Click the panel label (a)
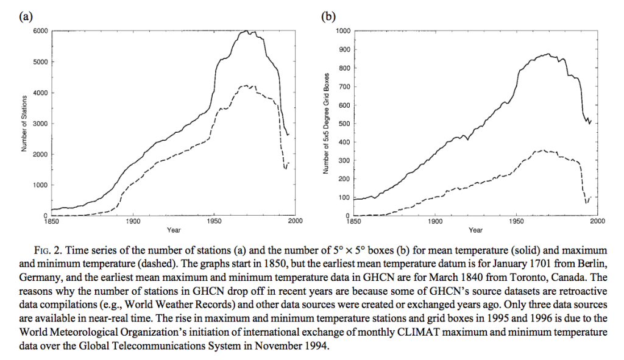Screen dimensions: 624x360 (26, 16)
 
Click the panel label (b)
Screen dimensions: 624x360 (328, 16)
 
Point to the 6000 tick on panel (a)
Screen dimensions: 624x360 (41, 31)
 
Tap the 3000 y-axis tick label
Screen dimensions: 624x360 (41, 123)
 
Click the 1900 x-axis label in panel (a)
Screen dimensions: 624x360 (133, 221)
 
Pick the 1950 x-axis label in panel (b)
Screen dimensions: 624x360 (517, 221)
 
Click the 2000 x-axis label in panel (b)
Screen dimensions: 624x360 (597, 221)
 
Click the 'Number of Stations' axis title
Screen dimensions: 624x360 (24, 123)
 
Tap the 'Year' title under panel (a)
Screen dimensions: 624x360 (174, 230)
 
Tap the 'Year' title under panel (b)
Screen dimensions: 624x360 (475, 230)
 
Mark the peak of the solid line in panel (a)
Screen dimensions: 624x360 (247, 30)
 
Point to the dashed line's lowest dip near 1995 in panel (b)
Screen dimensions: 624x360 (586, 203)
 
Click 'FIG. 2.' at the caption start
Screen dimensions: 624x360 (49, 250)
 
